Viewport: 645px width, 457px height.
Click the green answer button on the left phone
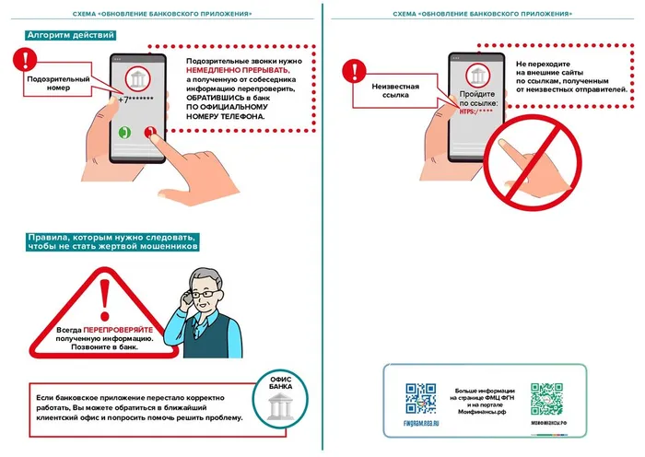(125, 131)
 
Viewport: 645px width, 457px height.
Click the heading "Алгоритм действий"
(72, 35)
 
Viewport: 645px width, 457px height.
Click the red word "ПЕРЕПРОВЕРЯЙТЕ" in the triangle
(117, 328)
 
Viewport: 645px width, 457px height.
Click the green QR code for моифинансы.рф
(547, 398)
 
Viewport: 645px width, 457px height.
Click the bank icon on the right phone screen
(476, 75)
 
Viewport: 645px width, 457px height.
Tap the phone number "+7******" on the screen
(137, 99)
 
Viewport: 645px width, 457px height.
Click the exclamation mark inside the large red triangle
(105, 299)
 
